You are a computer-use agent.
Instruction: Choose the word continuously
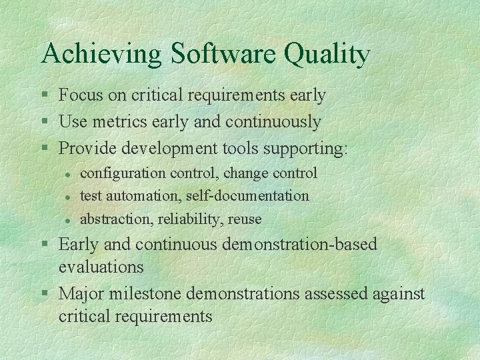[274, 123]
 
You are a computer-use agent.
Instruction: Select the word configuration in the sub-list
[123, 173]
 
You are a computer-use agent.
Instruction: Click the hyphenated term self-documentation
[248, 196]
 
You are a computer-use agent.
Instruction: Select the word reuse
[245, 219]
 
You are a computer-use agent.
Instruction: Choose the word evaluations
[101, 267]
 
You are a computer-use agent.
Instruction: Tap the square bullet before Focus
[45, 96]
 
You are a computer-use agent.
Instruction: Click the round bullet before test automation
[67, 197]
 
